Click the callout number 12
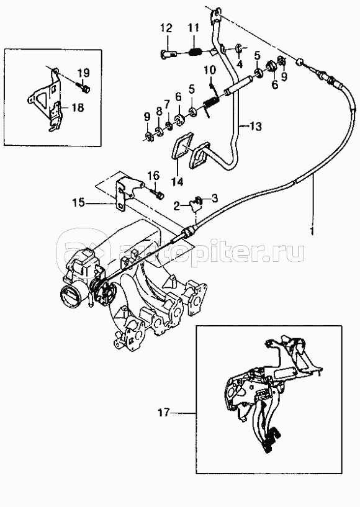[x=166, y=29]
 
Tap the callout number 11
[x=194, y=28]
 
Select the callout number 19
[x=83, y=73]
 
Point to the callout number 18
[x=77, y=107]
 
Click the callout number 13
[x=255, y=127]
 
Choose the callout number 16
[x=154, y=176]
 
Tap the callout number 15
[x=79, y=203]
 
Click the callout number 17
[x=164, y=413]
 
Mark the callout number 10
[x=210, y=70]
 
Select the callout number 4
[x=240, y=65]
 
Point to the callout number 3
[x=214, y=198]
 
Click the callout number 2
[x=176, y=205]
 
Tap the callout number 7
[x=167, y=104]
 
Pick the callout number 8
[x=159, y=111]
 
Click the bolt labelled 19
[x=84, y=87]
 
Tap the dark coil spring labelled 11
[x=196, y=52]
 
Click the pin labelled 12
[x=168, y=54]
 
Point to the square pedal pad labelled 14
[x=182, y=147]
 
